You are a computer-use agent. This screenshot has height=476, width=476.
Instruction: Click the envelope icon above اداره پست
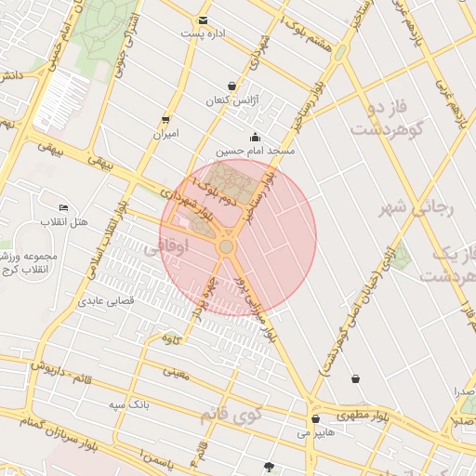203,20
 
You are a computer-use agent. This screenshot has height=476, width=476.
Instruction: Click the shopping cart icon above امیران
165,119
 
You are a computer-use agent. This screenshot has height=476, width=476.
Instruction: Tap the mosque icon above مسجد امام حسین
255,137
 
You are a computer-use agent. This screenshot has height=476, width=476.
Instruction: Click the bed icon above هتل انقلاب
63,207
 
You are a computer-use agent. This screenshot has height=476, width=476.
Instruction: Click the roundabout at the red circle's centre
226,246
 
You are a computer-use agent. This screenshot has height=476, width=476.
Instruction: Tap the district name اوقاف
194,245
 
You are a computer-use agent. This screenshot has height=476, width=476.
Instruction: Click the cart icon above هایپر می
316,419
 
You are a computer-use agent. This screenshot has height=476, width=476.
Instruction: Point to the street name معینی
175,373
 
